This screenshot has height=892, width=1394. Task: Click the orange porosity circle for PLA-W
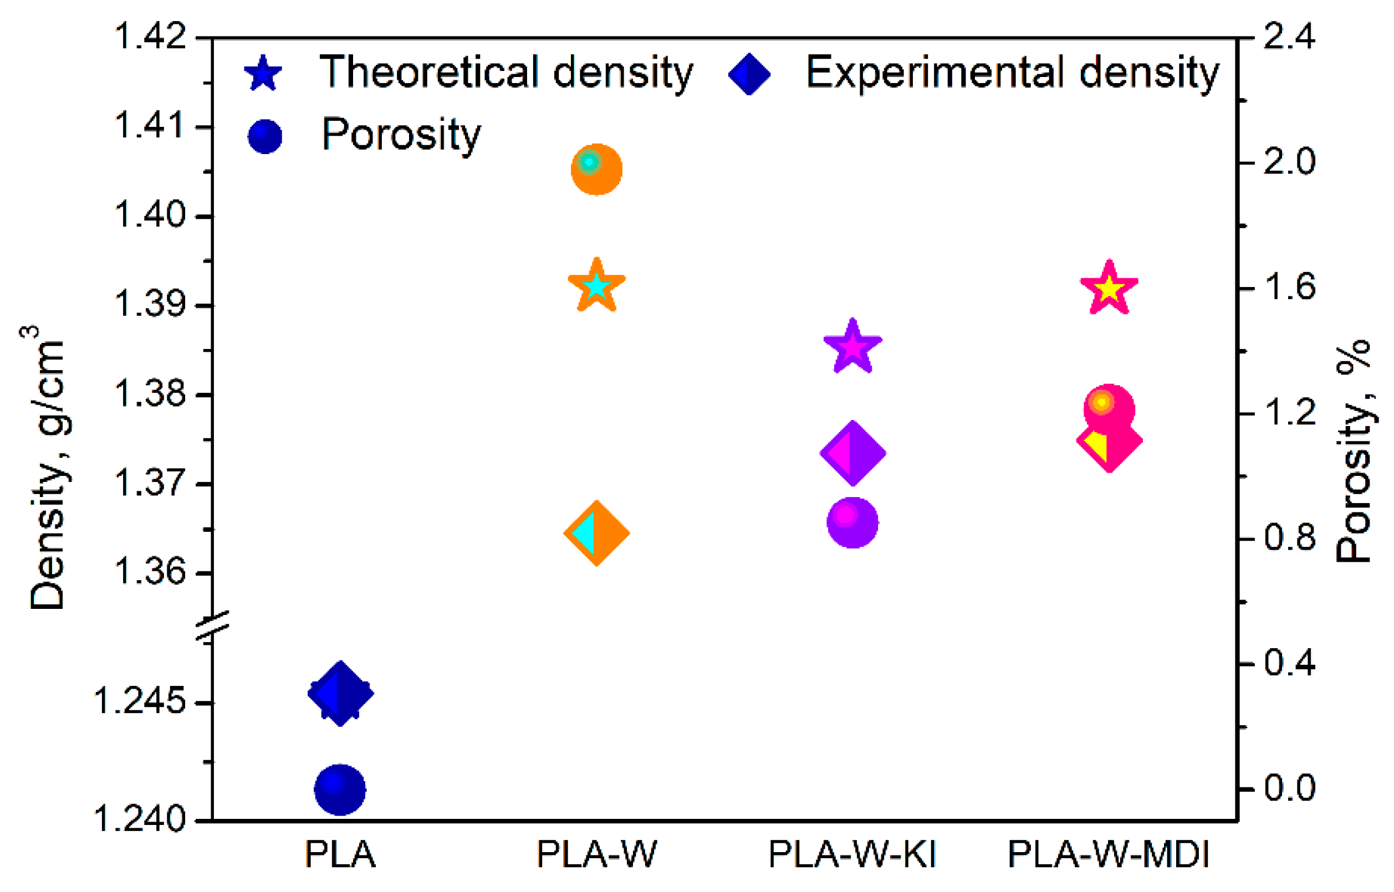coord(596,169)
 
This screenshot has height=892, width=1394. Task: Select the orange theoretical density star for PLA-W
coord(596,285)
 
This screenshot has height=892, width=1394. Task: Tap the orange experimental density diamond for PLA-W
coord(596,533)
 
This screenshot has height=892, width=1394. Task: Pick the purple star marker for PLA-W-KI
coord(852,347)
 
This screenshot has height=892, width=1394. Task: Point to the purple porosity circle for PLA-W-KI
coord(852,522)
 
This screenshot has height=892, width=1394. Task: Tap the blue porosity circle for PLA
coord(340,789)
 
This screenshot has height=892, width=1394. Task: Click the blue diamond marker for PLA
coord(340,693)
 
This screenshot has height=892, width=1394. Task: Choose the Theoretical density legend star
coord(263,74)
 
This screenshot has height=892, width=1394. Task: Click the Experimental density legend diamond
coord(749,74)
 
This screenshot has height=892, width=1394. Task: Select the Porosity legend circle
coord(265,137)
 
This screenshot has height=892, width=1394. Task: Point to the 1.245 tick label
coord(140,701)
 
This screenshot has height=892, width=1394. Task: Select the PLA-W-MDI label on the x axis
coord(1109,854)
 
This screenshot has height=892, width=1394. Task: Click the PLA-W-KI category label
coord(852,854)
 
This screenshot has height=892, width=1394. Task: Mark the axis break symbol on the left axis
coord(213,626)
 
